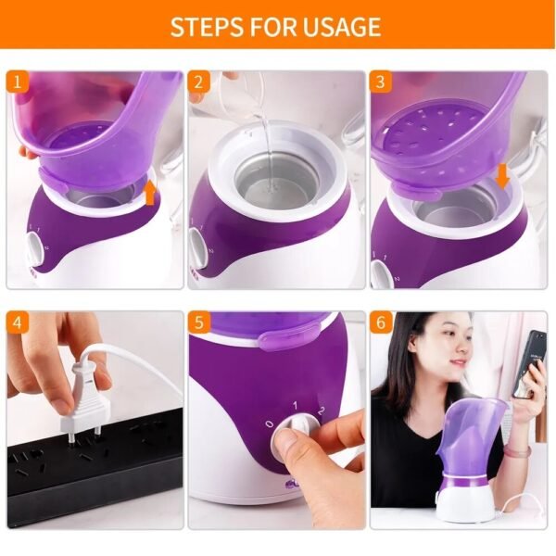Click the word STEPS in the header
pyautogui.click(x=205, y=27)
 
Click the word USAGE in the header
pyautogui.click(x=342, y=27)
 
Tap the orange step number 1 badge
pyautogui.click(x=17, y=82)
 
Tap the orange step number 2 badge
pyautogui.click(x=198, y=82)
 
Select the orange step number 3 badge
pyautogui.click(x=380, y=82)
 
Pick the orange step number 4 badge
pyautogui.click(x=17, y=322)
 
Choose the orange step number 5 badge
pyautogui.click(x=198, y=322)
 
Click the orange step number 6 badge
pyautogui.click(x=380, y=322)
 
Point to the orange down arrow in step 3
pyautogui.click(x=502, y=175)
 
